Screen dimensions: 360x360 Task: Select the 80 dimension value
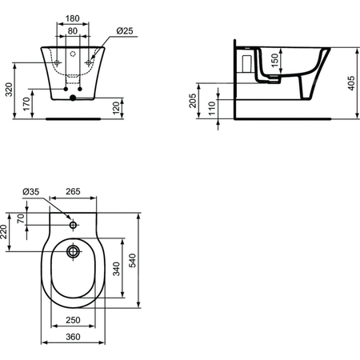(72, 31)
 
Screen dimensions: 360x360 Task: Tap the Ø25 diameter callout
(124, 30)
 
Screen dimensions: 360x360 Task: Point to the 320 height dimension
(9, 90)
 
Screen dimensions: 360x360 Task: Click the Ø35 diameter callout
(31, 191)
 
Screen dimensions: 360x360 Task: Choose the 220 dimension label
(5, 234)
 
